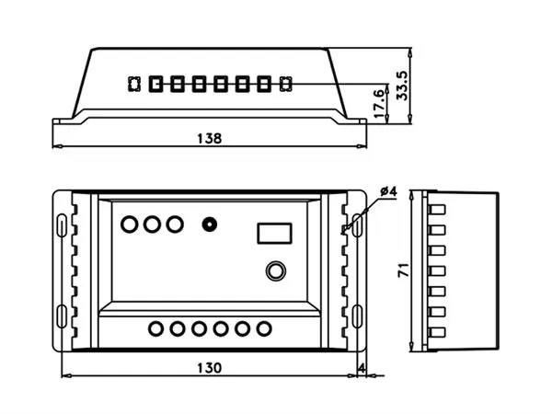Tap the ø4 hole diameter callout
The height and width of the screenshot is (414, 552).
click(387, 190)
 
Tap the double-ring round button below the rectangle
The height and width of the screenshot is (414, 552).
click(275, 270)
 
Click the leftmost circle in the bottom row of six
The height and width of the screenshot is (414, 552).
click(155, 328)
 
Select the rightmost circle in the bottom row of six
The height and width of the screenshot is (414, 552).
click(265, 328)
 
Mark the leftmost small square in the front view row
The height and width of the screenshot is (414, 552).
click(132, 85)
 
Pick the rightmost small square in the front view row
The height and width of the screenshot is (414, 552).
click(285, 85)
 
